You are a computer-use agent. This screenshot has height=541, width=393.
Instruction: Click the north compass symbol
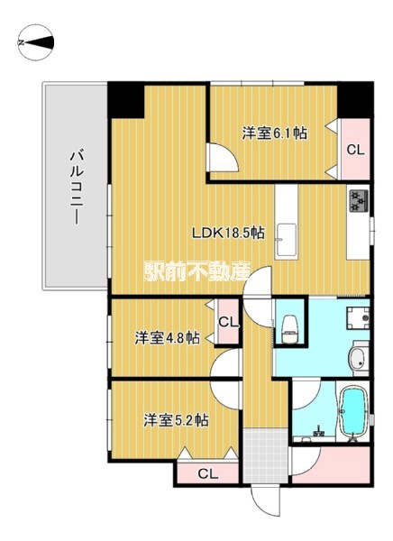tap(36, 42)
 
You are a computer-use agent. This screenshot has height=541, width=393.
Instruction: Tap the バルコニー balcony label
tap(77, 187)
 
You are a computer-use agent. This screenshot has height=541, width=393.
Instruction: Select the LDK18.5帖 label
tap(228, 233)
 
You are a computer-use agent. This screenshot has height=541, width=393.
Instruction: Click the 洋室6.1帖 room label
tap(274, 133)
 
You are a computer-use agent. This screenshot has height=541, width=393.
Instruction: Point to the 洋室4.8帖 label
tap(167, 338)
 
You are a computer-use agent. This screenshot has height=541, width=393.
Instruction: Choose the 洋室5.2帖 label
tap(176, 420)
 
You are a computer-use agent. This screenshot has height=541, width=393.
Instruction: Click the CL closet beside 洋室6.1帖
tap(355, 149)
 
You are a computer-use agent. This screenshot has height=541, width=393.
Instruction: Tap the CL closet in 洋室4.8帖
tap(228, 322)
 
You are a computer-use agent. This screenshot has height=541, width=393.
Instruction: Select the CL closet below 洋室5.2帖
tap(207, 473)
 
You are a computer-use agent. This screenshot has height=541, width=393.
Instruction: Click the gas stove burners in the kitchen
tap(359, 200)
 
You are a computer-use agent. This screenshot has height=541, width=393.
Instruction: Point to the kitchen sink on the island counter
tap(287, 240)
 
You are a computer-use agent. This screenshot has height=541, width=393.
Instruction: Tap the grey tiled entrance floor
tap(265, 455)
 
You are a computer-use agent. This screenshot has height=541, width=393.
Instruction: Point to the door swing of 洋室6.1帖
tap(223, 157)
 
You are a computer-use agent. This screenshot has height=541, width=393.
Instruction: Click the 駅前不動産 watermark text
tap(196, 272)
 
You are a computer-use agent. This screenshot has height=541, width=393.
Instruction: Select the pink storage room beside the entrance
tap(331, 464)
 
